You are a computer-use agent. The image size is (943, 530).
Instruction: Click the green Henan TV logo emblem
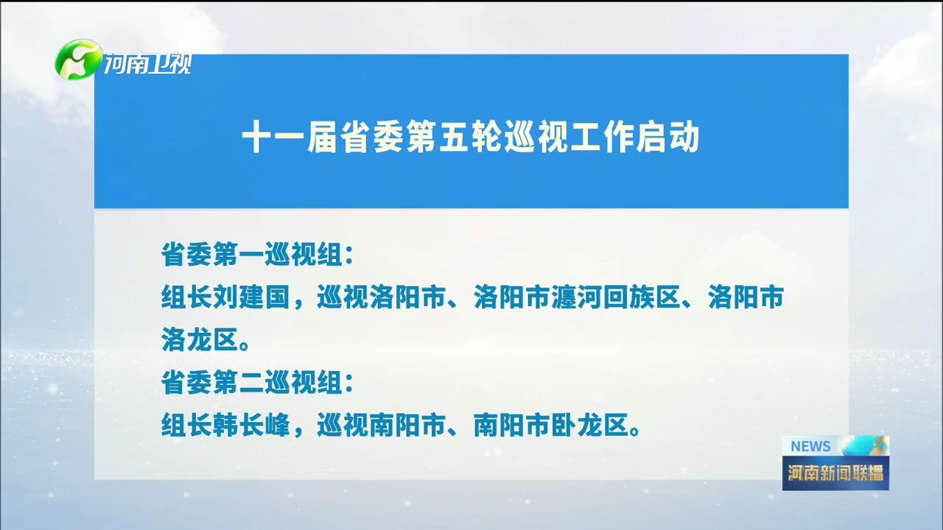click(78, 60)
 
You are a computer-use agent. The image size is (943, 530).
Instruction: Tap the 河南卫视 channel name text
click(148, 64)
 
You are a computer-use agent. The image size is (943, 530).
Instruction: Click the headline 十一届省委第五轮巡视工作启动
click(471, 137)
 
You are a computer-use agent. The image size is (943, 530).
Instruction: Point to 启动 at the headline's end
click(667, 137)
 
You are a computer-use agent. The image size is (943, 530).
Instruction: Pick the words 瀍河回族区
click(616, 297)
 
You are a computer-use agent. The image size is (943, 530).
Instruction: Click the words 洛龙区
click(200, 339)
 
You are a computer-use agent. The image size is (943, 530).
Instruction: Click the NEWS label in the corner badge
click(810, 446)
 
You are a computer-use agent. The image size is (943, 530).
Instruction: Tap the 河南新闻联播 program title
click(835, 473)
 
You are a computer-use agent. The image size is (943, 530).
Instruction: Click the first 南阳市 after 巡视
click(407, 425)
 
